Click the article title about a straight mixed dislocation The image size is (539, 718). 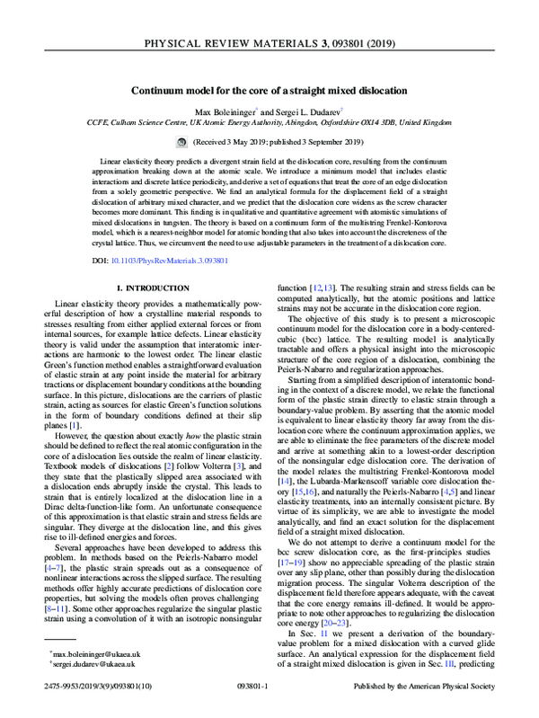point(269,92)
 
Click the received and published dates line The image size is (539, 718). point(279,142)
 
